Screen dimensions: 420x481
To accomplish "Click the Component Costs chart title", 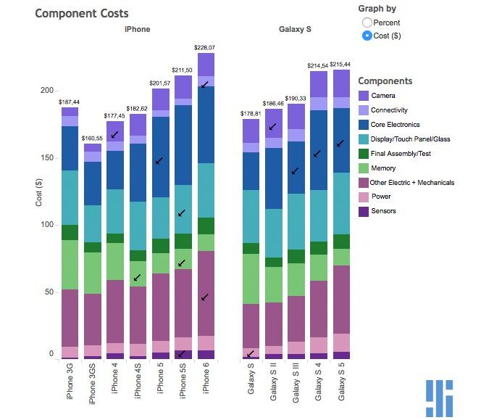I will [x=83, y=14].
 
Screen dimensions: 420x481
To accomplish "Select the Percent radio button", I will [x=367, y=23].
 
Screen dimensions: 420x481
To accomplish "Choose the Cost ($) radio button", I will [x=367, y=36].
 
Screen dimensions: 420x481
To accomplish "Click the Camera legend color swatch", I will [x=364, y=96].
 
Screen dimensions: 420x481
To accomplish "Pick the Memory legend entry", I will [x=383, y=168].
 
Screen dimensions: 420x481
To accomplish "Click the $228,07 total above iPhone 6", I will [x=205, y=47].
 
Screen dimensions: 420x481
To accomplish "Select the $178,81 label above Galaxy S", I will [x=251, y=113].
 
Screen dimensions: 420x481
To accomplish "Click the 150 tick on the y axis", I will [x=48, y=157].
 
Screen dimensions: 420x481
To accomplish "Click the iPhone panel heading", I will [x=137, y=29].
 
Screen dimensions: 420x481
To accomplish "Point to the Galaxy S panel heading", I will [x=295, y=29].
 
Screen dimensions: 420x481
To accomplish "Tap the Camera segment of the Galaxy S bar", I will [x=251, y=131].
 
